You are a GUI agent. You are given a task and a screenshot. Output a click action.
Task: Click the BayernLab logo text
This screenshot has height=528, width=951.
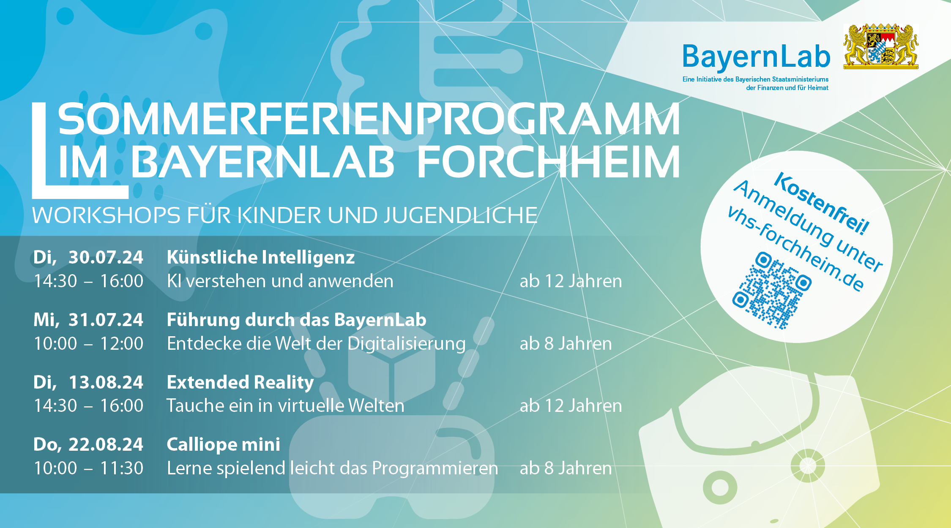[x=756, y=57]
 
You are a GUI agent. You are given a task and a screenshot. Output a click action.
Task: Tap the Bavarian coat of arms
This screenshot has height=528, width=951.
[x=881, y=46]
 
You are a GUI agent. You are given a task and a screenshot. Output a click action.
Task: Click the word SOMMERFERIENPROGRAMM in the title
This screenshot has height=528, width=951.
[x=369, y=120]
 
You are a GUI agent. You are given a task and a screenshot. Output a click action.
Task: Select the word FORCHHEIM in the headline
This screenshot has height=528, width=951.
[x=548, y=162]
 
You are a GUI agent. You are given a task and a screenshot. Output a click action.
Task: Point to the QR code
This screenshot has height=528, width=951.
[x=772, y=290]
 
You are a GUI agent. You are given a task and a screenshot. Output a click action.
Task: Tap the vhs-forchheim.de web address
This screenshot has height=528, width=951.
[x=795, y=249]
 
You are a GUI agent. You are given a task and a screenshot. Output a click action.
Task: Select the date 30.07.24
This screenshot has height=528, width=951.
[x=106, y=257]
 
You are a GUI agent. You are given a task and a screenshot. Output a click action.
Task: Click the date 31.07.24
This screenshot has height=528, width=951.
[x=106, y=320]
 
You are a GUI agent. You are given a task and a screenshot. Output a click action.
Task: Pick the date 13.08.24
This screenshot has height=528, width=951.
[x=106, y=382]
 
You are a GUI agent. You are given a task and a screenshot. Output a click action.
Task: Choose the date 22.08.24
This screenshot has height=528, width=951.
[x=106, y=444]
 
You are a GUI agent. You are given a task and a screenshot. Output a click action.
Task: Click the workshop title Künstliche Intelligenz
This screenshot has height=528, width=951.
[x=261, y=257]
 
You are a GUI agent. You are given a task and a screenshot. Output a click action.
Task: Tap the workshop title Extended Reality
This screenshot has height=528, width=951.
[x=240, y=383]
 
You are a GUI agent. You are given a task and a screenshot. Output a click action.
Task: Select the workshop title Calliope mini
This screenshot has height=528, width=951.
[x=224, y=445]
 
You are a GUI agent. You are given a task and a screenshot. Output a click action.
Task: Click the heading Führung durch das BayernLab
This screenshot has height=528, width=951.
[x=297, y=320]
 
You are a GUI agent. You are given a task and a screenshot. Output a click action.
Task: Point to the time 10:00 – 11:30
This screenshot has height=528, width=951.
[x=89, y=468]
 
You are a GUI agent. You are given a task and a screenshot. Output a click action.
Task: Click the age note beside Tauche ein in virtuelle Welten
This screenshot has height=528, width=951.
[x=571, y=406]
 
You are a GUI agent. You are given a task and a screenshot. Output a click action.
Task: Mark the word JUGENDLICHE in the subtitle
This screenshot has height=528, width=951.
[x=461, y=215]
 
